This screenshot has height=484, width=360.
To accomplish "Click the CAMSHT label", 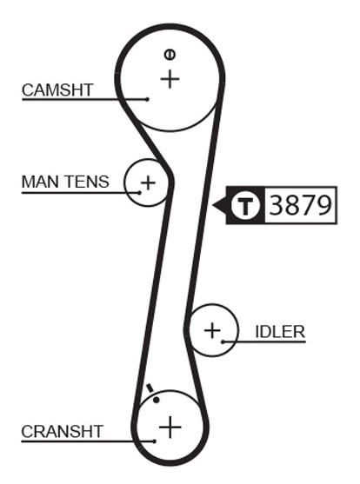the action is tap(57, 90).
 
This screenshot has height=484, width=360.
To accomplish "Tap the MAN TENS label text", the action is tap(65, 182).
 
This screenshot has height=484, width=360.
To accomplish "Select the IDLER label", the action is tap(280, 332).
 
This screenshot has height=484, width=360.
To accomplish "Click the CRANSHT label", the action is tap(62, 431).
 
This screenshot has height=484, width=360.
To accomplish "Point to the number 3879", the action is tap(300, 205).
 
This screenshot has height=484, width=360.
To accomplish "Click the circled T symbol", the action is tap(246, 205).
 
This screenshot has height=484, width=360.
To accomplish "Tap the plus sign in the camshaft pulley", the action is tap(170, 79).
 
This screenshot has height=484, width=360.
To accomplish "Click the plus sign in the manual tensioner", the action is tap(148, 182).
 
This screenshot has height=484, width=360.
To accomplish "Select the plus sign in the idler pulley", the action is tap(212, 330).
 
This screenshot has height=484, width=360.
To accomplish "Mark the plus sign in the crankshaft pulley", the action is tap(170, 428).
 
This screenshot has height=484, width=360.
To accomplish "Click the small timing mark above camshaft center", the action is tap(170, 55).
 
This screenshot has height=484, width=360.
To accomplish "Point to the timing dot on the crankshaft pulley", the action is tap(157, 400).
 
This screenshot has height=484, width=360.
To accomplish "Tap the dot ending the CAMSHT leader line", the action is tap(148, 99).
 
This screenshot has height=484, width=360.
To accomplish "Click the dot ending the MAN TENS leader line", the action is tap(139, 193).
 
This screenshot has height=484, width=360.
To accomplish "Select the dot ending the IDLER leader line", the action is tap(223, 341).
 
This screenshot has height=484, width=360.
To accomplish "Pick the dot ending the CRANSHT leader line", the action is tap(154, 441).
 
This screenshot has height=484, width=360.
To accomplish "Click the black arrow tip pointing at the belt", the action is tap(213, 205).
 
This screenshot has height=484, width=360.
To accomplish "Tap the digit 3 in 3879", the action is tap(277, 205).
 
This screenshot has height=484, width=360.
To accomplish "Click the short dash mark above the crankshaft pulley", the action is tap(150, 388).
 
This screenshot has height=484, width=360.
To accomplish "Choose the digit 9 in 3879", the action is tap(324, 205).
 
